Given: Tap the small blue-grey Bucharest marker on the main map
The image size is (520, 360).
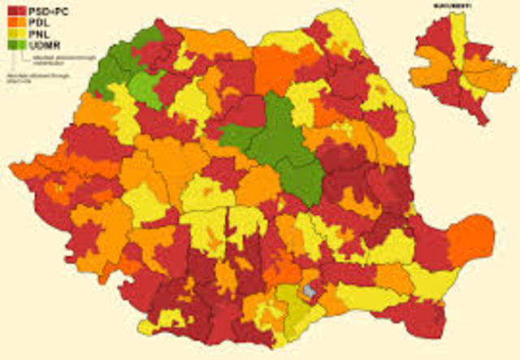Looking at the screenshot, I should pos(309,288).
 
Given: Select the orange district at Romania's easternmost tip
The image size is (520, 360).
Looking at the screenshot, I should pos(471,240).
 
